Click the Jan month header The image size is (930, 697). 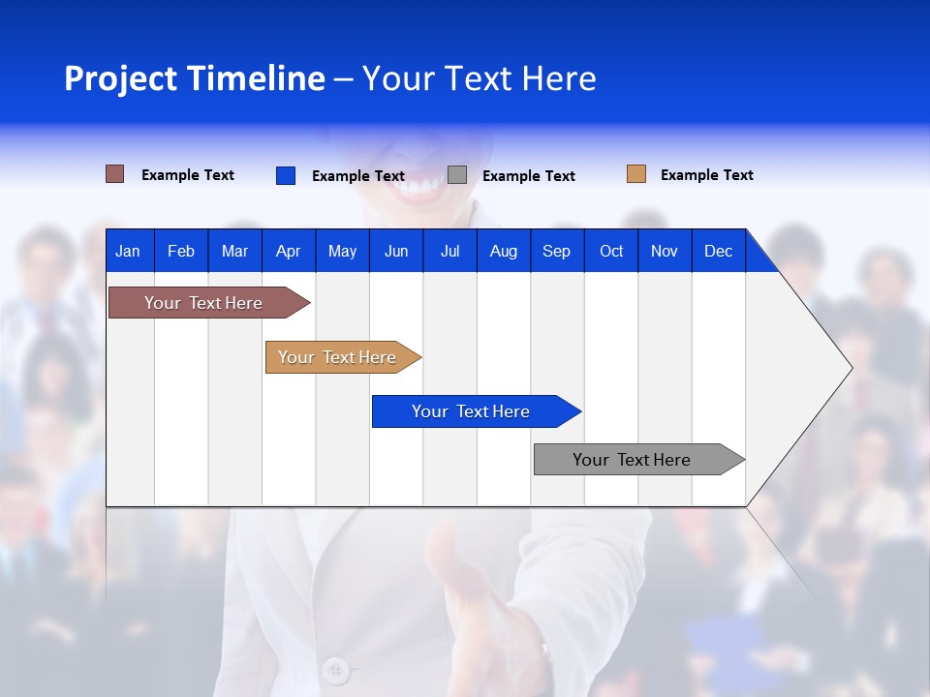[128, 251]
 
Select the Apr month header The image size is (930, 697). [288, 251]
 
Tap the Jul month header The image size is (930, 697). [449, 251]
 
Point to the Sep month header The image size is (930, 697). [556, 251]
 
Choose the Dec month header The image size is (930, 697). [718, 251]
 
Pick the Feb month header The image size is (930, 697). [181, 251]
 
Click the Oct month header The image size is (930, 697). [611, 251]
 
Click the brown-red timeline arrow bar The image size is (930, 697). [203, 303]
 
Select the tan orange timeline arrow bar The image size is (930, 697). [337, 357]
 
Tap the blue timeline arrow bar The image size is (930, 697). [471, 411]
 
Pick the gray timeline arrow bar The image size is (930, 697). [632, 460]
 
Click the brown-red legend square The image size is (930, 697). [114, 174]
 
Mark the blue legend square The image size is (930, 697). [285, 175]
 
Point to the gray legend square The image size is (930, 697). [457, 175]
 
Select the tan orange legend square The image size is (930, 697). [635, 174]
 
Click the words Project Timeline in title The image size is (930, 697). [195, 78]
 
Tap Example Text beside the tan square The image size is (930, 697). [706, 175]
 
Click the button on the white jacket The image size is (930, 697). [336, 669]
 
